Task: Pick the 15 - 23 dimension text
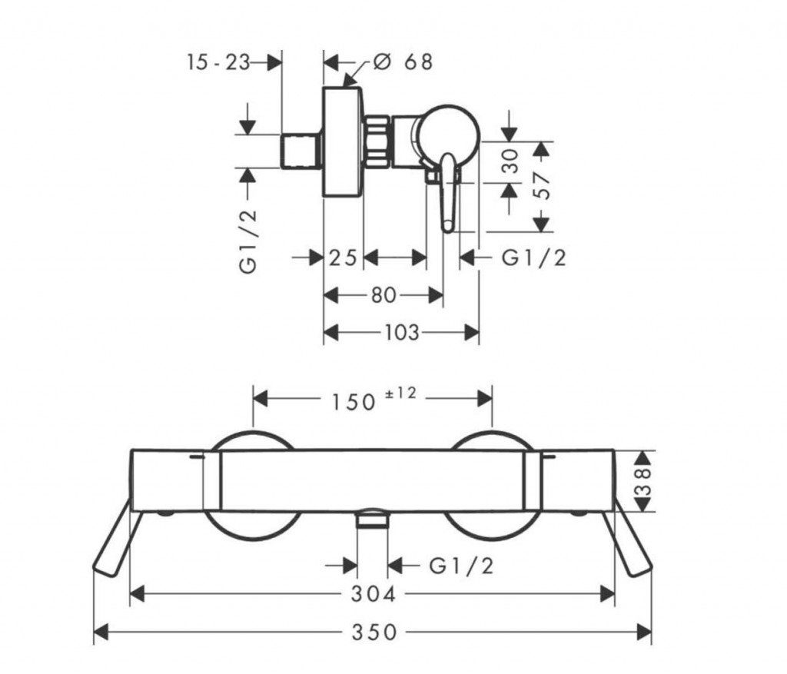pyautogui.click(x=218, y=62)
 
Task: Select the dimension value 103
pyautogui.click(x=401, y=332)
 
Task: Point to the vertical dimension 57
pyautogui.click(x=542, y=185)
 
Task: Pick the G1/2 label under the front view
pyautogui.click(x=460, y=566)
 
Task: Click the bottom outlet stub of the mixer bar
pyautogui.click(x=373, y=519)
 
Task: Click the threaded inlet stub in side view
pyautogui.click(x=301, y=151)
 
